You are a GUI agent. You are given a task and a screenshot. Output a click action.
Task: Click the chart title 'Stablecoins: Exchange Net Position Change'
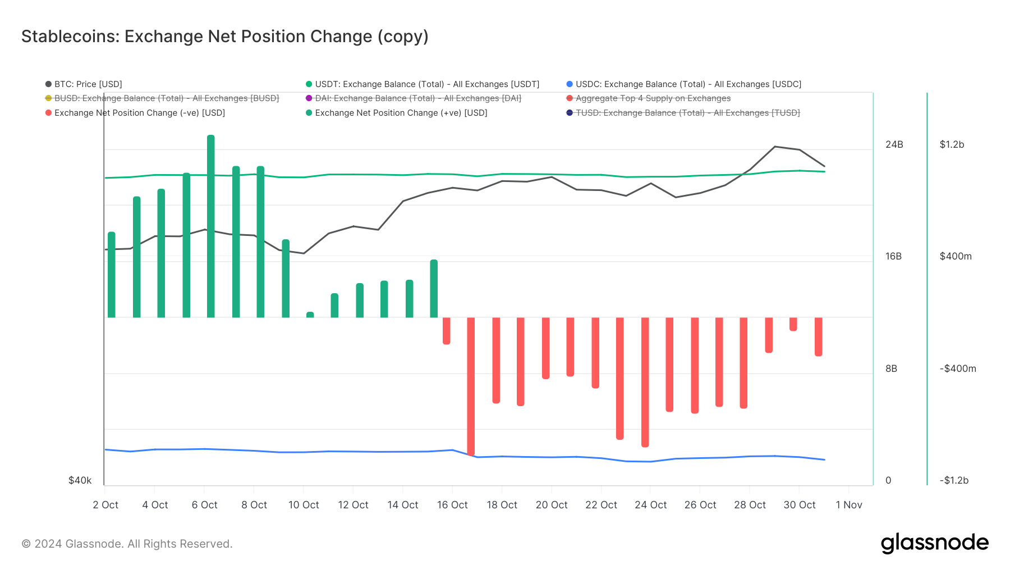(224, 37)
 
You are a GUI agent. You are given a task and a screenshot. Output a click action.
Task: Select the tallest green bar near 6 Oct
(211, 225)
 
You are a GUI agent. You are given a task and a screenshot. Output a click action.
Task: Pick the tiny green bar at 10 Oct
(310, 315)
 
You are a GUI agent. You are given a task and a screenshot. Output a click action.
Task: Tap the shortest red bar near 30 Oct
(793, 324)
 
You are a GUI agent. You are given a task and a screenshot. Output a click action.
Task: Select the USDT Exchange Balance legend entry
(426, 84)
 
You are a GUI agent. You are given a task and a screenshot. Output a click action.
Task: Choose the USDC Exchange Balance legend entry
(688, 84)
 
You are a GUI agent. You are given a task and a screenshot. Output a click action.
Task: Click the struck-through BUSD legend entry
(166, 98)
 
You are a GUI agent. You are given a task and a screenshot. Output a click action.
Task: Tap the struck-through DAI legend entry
(417, 98)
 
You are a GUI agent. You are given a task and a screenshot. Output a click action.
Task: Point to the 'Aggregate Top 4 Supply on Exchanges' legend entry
(653, 98)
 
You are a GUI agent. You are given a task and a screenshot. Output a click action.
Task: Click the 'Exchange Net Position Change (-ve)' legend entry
(139, 113)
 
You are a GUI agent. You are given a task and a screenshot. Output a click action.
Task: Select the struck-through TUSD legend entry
(687, 113)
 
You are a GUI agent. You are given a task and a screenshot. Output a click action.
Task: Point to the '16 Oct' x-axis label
(452, 505)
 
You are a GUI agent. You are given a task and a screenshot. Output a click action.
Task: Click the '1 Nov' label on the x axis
(848, 505)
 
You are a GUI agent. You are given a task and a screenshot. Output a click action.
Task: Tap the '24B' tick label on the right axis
(894, 144)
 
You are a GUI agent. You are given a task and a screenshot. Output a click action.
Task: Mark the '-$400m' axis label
(958, 368)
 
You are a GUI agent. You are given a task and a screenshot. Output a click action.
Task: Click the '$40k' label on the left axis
(80, 480)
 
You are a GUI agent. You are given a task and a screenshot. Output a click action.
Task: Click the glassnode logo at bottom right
(934, 543)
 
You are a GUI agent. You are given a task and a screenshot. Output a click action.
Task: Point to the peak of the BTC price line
(775, 147)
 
